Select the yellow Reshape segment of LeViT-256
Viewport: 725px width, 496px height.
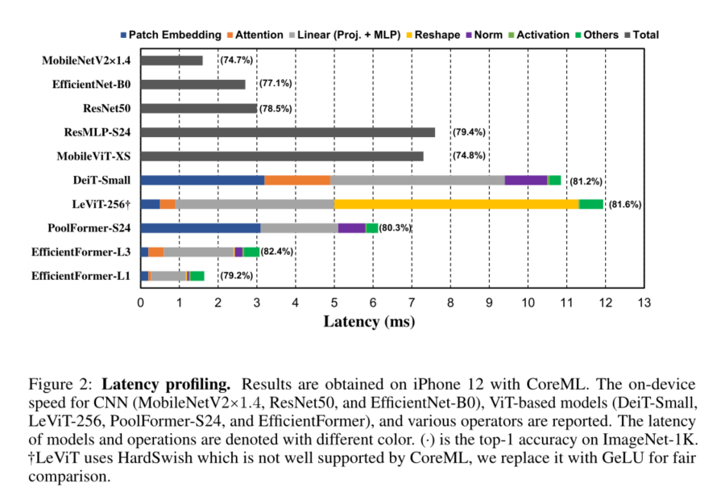(x=456, y=204)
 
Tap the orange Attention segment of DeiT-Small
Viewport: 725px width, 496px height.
(x=297, y=180)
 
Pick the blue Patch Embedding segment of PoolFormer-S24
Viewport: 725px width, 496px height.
(x=201, y=228)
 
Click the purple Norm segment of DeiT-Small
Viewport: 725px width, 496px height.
(x=526, y=180)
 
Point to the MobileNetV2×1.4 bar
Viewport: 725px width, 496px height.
(x=172, y=60)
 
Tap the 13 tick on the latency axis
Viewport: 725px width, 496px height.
(x=644, y=303)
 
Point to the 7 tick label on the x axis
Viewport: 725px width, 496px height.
(x=412, y=303)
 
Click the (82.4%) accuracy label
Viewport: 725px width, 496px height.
(x=277, y=252)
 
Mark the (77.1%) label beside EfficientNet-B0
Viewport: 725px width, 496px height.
(x=275, y=84)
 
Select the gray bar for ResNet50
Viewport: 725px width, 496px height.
(x=199, y=108)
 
